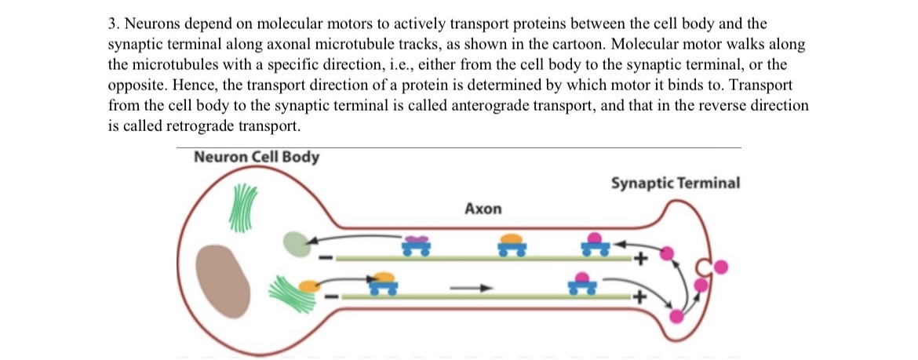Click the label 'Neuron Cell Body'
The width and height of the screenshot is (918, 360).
pyautogui.click(x=256, y=157)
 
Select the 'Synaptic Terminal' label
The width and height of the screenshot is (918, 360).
pyautogui.click(x=675, y=184)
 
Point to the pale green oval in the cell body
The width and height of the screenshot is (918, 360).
pyautogui.click(x=297, y=243)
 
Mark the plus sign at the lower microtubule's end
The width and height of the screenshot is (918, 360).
pyautogui.click(x=641, y=298)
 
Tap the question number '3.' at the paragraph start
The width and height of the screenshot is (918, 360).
pyautogui.click(x=113, y=24)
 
